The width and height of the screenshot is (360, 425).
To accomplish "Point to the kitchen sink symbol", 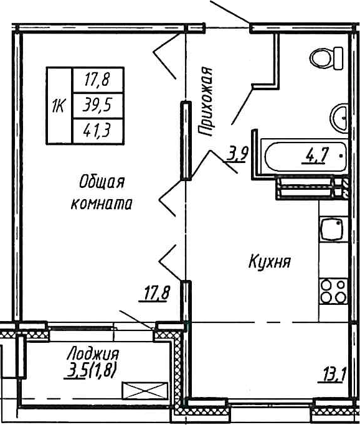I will click(x=331, y=231).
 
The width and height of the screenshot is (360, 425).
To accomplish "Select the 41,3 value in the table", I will click(x=97, y=130).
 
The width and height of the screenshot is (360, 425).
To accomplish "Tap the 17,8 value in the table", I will click(x=97, y=79).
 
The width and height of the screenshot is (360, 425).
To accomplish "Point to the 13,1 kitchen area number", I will click(x=334, y=375).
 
